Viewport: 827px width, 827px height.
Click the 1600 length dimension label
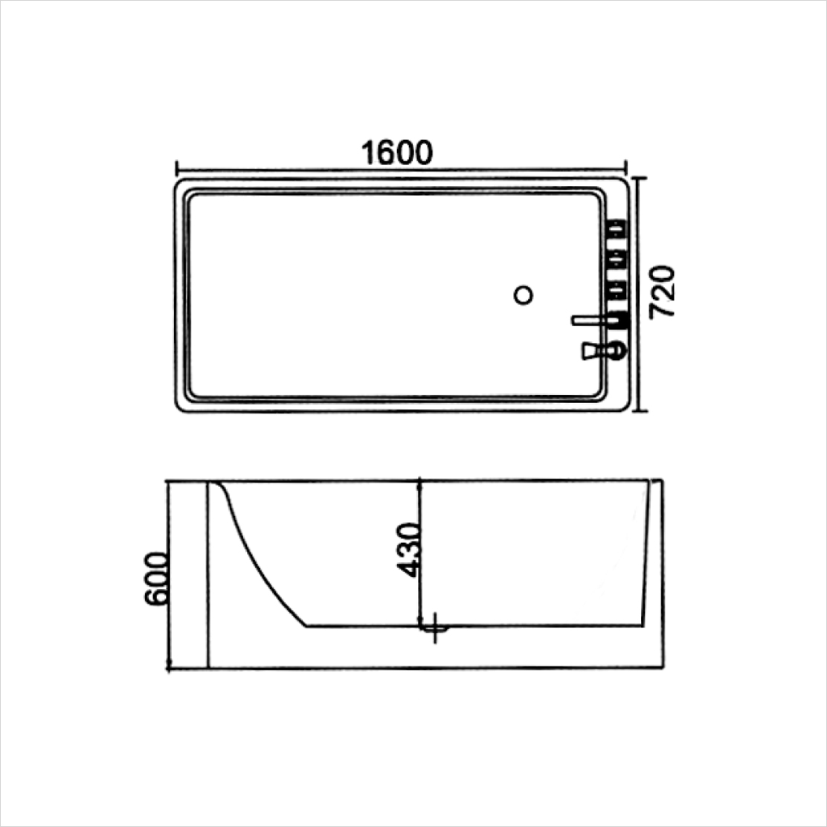coord(397,152)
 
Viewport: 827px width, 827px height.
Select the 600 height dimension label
coord(155,579)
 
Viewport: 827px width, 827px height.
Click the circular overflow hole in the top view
coord(524,295)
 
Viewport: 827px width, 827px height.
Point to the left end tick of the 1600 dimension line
coord(176,168)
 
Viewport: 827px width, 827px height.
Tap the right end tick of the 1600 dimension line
coord(625,168)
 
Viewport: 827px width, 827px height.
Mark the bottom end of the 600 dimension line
coord(170,667)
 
